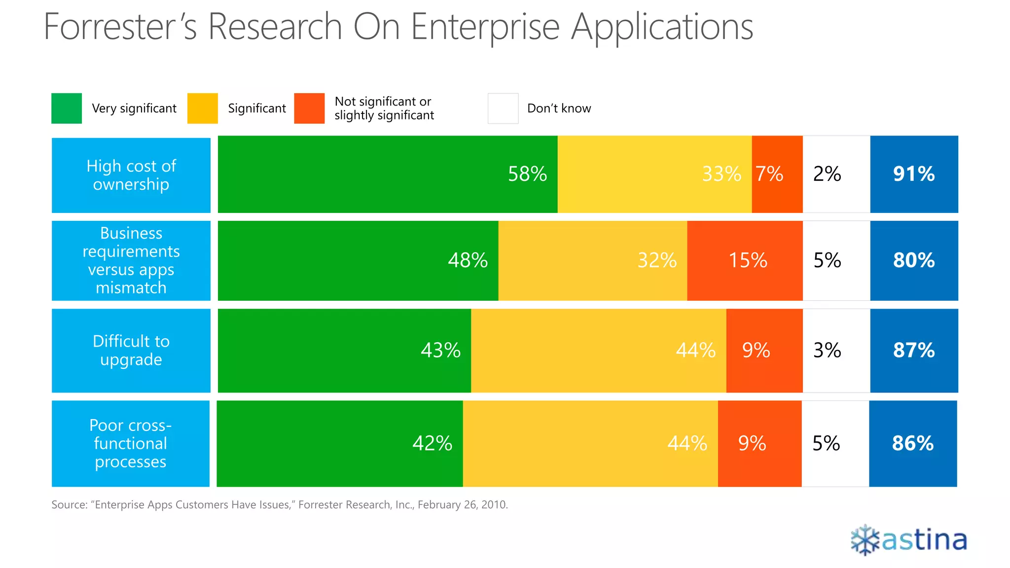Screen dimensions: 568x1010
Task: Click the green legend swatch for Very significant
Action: point(67,108)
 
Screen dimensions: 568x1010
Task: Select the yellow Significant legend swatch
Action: point(202,108)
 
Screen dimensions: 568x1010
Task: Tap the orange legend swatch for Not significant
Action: point(309,108)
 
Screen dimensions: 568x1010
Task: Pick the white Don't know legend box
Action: point(503,108)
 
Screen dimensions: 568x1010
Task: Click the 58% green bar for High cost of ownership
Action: point(388,174)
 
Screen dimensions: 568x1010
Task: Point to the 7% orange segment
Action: point(777,174)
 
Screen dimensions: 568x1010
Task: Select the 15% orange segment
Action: point(745,260)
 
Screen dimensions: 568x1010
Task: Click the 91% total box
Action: point(914,174)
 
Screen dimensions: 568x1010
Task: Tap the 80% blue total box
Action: point(914,260)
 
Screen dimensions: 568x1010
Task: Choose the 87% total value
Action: point(914,351)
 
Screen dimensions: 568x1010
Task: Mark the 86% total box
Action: point(913,443)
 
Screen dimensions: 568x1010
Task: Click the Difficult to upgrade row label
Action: point(131,351)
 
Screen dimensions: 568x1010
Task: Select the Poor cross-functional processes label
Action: point(131,443)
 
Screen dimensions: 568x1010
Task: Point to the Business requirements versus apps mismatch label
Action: point(131,260)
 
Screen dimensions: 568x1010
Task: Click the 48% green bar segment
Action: point(358,260)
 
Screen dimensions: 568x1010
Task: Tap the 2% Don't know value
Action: point(827,174)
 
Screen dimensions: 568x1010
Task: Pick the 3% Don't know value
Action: point(827,351)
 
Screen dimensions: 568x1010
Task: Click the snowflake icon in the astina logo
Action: point(865,540)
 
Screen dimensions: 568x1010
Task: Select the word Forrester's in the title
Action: point(120,27)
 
